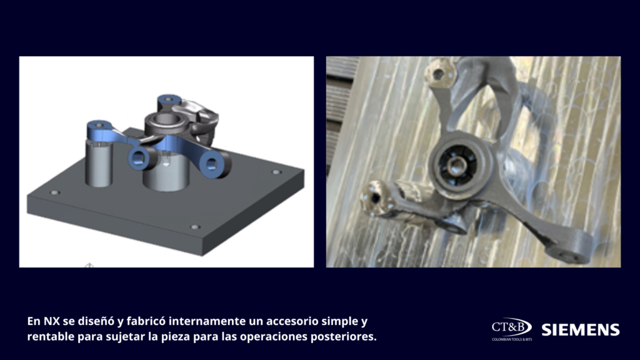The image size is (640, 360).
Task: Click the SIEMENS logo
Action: click(x=581, y=330)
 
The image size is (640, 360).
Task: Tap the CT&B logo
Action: click(x=511, y=327)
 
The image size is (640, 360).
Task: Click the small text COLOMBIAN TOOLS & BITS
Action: click(x=511, y=339)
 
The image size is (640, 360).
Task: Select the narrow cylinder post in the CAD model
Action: click(x=98, y=163)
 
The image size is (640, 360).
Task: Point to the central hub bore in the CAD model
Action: click(x=166, y=119)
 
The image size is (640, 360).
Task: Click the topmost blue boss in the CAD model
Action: click(x=169, y=101)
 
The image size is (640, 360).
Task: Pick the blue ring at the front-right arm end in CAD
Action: click(x=212, y=164)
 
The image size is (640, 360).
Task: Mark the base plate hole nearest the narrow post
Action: click(x=55, y=192)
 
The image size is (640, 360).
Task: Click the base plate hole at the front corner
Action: click(x=195, y=226)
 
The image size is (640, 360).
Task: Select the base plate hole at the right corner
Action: click(x=276, y=172)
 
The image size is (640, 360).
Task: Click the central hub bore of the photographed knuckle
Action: click(x=456, y=166)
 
